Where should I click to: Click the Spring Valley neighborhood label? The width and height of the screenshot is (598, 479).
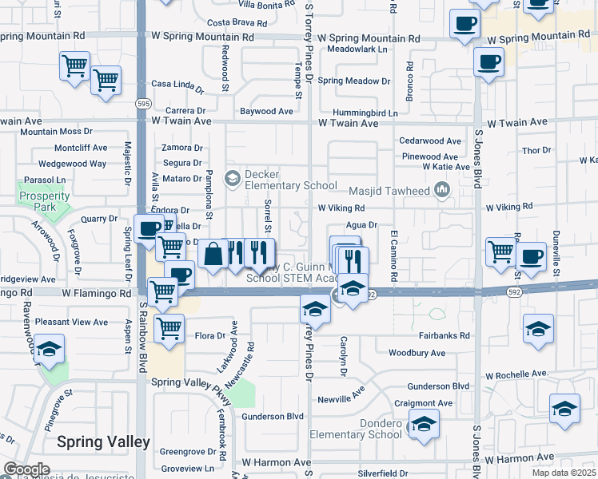[102, 441]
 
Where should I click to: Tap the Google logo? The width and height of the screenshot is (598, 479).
[26, 469]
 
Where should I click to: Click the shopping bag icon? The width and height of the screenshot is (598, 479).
[213, 255]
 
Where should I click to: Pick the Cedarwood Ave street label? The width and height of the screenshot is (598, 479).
[430, 141]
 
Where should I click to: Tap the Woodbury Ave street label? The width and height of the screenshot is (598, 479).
[417, 352]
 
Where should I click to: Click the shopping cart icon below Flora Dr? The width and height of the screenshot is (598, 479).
[169, 327]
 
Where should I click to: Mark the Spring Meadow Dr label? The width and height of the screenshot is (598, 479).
[354, 81]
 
